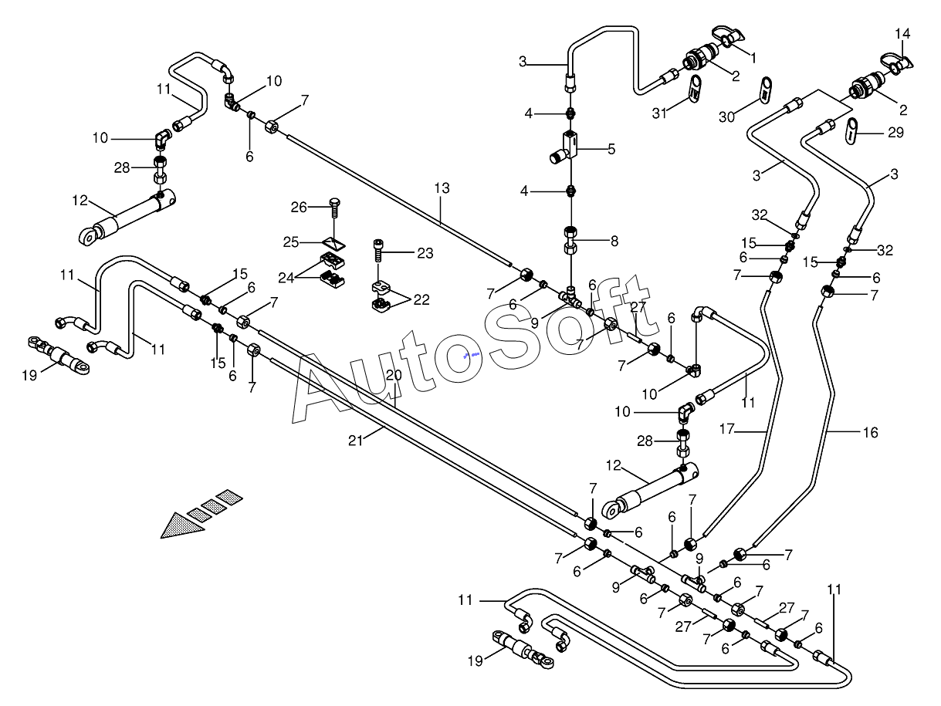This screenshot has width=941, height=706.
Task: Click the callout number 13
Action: (442, 188)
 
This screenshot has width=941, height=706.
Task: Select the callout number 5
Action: (611, 149)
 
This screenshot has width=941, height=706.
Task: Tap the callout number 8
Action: (614, 242)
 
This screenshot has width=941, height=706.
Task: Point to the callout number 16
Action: (870, 433)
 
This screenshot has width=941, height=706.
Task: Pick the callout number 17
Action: (727, 429)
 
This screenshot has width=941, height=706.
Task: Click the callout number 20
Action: (394, 375)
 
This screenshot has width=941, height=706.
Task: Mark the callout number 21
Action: (355, 441)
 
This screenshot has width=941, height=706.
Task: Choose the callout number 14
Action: (902, 33)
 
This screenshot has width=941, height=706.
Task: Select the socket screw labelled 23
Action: (378, 251)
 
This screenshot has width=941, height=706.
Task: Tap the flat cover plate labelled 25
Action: (333, 244)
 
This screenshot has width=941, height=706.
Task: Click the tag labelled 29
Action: (852, 131)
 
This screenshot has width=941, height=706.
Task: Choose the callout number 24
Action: (286, 278)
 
